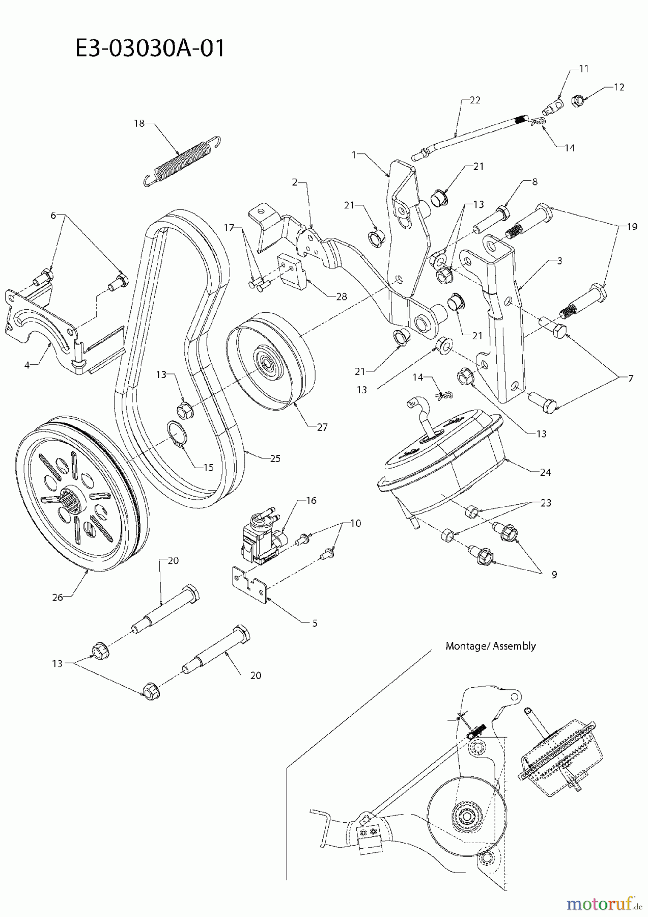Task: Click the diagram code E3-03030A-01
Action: (149, 49)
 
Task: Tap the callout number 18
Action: (139, 123)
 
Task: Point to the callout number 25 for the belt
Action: (275, 458)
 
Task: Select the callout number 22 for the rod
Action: (474, 100)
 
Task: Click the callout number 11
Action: (583, 69)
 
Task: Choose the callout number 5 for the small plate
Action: (315, 623)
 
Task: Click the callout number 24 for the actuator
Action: (545, 472)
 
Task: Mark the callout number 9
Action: (553, 574)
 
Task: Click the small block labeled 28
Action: (292, 270)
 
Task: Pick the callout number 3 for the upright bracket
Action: (559, 261)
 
